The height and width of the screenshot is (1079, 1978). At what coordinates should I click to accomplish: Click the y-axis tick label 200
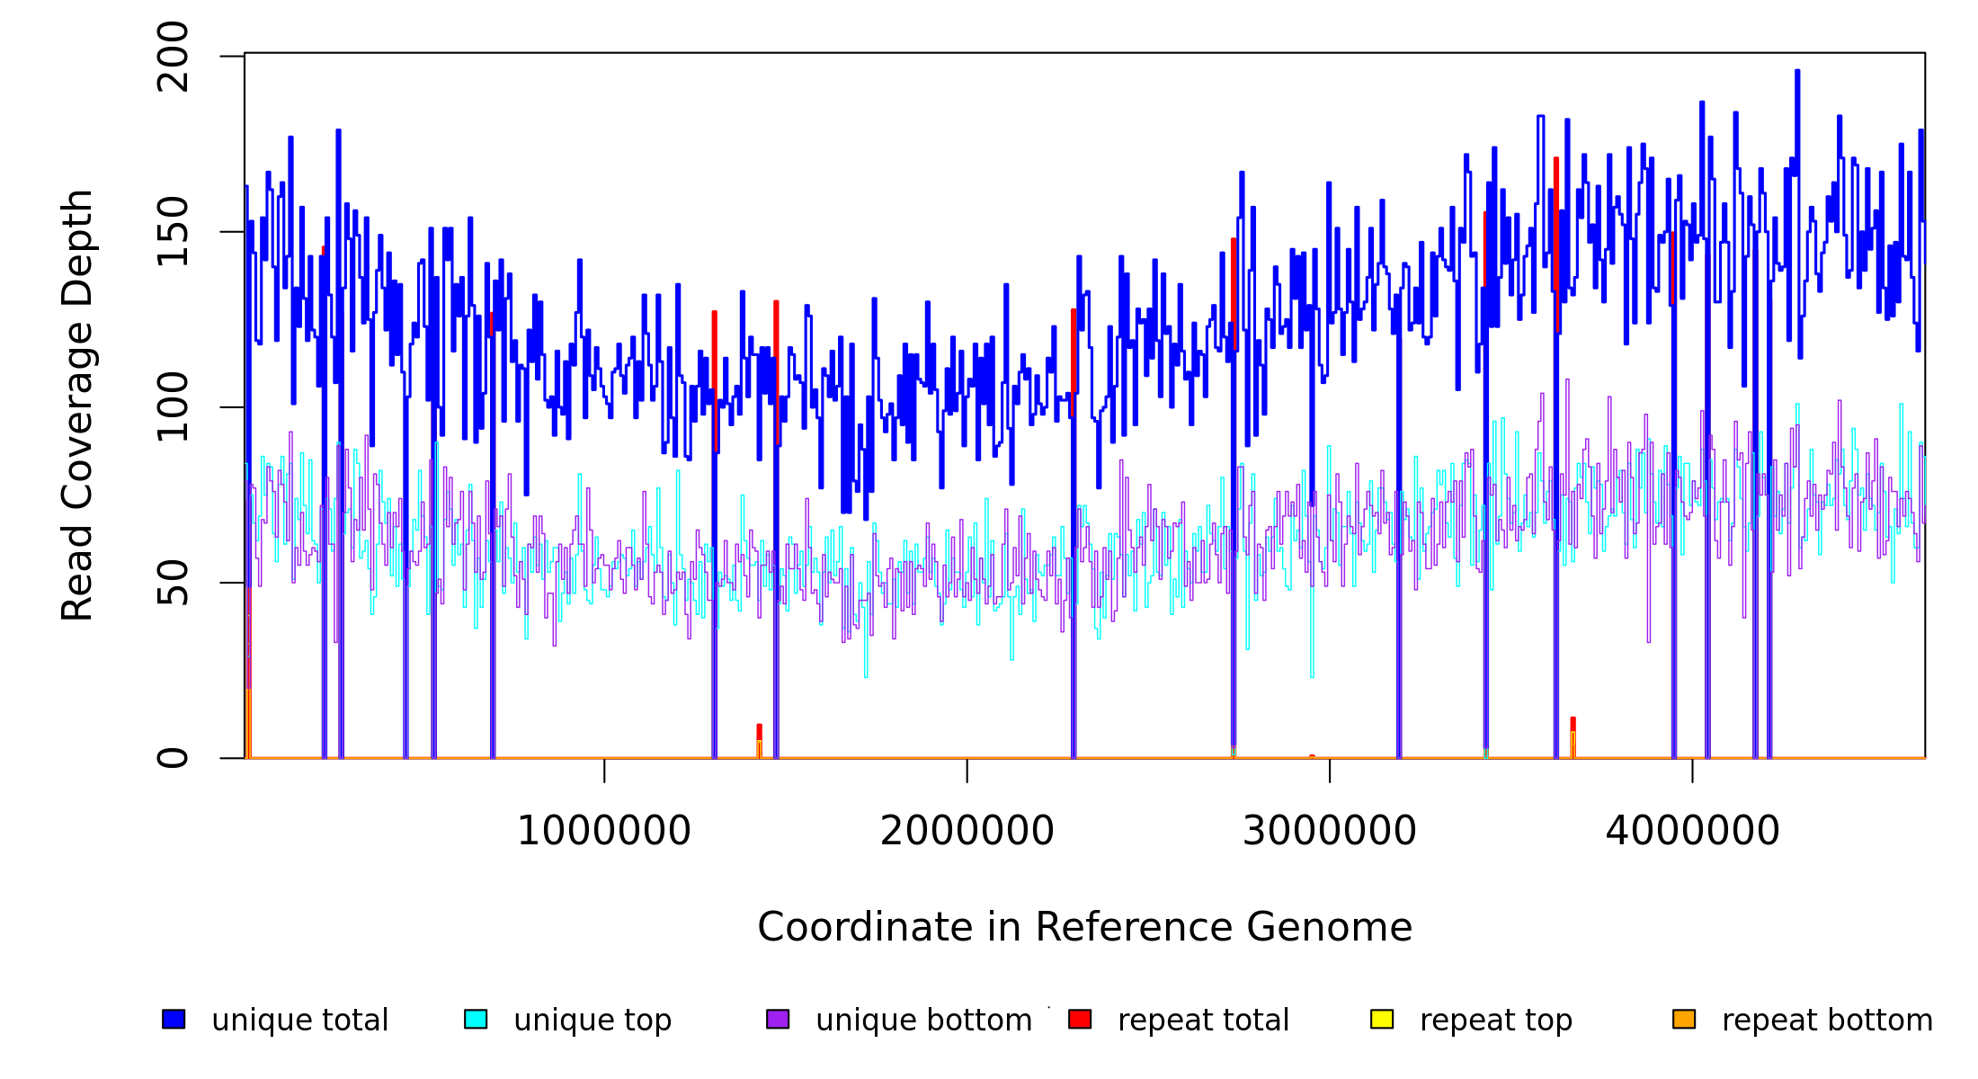point(173,57)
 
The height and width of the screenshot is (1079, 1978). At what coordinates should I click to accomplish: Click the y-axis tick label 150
point(173,232)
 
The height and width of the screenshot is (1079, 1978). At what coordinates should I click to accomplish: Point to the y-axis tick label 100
point(173,407)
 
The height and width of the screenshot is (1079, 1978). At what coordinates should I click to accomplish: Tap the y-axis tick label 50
point(173,583)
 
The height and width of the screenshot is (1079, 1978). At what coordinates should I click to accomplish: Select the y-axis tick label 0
point(173,758)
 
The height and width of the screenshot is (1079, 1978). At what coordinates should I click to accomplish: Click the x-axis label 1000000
point(604,832)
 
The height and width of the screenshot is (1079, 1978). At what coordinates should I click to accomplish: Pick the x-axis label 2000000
point(967,832)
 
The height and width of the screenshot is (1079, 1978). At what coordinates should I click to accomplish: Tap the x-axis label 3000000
point(1330,832)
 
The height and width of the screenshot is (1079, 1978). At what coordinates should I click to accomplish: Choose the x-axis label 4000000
point(1693,832)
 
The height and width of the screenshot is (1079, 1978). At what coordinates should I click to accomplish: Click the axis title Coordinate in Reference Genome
point(1084,928)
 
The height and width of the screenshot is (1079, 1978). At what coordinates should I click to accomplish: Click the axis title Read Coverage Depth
point(77,405)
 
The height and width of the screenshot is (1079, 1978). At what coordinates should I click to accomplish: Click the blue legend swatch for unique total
point(174,1019)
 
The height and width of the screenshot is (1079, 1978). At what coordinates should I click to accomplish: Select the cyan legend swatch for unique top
point(476,1019)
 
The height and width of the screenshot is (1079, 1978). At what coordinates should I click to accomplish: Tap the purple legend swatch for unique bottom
point(778,1019)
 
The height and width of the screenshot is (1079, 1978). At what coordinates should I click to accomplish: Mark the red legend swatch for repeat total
point(1080,1019)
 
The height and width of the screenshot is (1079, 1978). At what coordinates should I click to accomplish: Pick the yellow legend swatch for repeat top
point(1382,1019)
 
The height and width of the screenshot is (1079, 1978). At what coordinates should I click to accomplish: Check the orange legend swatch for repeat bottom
point(1684,1019)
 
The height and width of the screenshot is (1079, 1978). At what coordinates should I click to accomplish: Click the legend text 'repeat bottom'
point(1827,1021)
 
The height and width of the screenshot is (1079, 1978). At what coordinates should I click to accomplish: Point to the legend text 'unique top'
point(593,1021)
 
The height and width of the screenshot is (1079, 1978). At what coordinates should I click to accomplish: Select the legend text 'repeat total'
point(1203,1021)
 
